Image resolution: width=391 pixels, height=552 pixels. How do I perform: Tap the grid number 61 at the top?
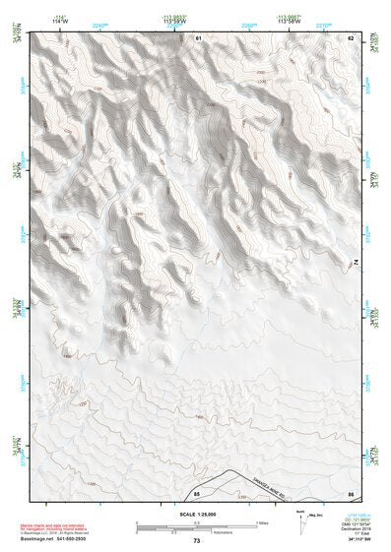(x=198, y=37)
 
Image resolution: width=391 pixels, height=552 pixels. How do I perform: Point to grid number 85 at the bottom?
(x=198, y=492)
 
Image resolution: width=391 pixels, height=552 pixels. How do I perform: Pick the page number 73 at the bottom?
(x=197, y=541)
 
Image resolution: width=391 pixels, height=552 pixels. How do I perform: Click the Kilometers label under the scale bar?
(x=196, y=532)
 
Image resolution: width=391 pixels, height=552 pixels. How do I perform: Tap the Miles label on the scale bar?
(x=262, y=523)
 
